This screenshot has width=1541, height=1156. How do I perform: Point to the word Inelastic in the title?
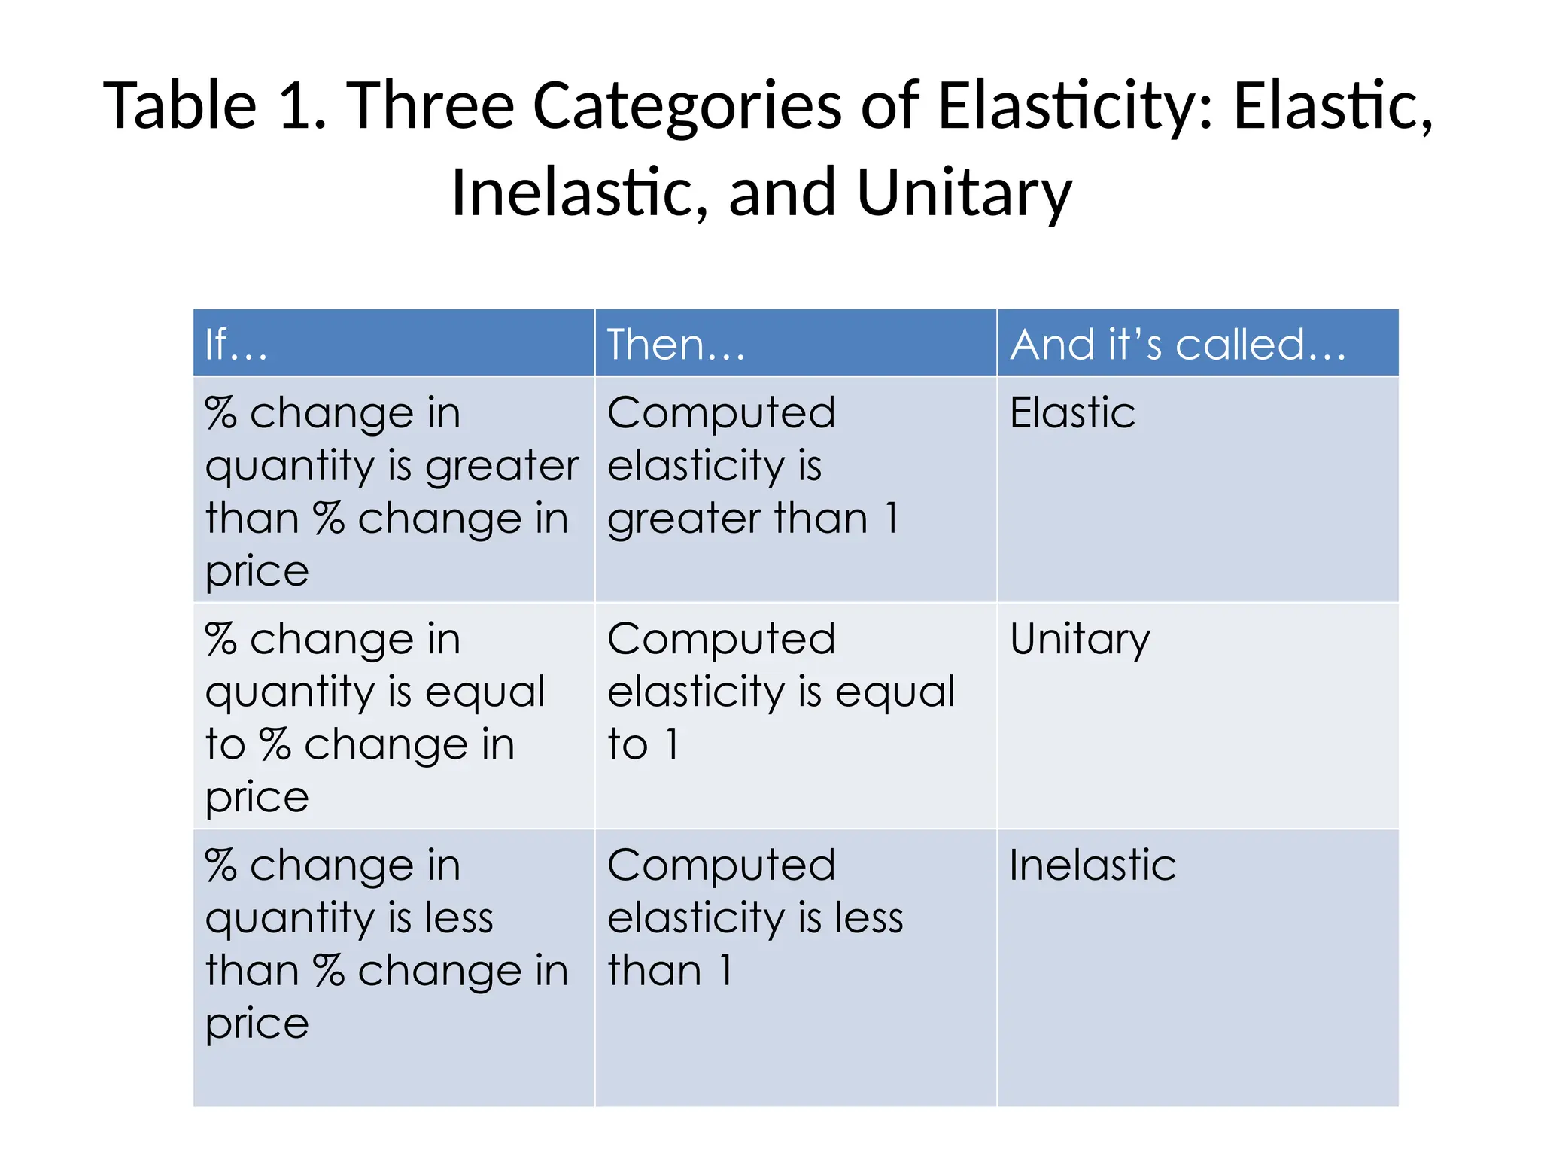point(579,193)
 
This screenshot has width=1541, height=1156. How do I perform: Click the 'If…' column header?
point(236,345)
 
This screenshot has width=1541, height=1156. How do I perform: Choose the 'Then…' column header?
point(676,345)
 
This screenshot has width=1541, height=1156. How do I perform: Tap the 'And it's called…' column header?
point(1178,345)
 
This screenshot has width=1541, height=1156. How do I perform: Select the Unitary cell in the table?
point(1080,640)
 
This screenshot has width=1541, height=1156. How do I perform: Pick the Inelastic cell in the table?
point(1092,865)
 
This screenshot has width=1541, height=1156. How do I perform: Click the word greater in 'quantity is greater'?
point(502,467)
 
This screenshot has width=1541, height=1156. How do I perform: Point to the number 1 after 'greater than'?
point(891,519)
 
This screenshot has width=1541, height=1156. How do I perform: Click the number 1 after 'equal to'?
point(672,744)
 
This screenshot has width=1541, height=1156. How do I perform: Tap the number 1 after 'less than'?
point(725,970)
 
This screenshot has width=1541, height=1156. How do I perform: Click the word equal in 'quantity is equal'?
point(485,692)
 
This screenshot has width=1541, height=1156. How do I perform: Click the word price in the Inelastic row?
point(257,1024)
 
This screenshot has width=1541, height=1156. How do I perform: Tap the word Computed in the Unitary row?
point(721,640)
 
